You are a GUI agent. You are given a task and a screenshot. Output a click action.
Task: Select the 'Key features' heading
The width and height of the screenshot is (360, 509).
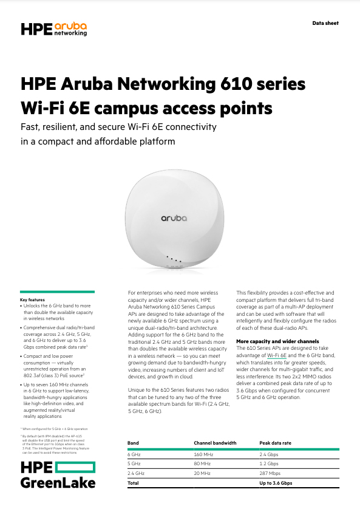(32, 300)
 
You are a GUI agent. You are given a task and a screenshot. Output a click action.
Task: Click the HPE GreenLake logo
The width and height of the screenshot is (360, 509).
(58, 474)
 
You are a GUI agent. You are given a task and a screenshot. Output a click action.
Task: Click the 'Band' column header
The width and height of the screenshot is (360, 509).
(133, 443)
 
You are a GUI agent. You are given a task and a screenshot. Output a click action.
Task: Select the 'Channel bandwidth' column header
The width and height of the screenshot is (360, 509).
(214, 443)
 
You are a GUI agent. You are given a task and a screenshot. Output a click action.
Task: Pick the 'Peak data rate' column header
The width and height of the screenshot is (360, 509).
(275, 443)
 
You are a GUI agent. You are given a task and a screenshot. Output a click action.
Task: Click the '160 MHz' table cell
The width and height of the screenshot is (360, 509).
(203, 454)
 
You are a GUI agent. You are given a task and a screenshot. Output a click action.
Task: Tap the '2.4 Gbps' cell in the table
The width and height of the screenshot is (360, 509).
(269, 454)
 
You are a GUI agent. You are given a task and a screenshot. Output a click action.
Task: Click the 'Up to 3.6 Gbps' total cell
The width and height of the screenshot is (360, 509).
(276, 483)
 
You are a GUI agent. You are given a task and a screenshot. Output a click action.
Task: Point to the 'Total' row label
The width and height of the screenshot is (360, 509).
(133, 483)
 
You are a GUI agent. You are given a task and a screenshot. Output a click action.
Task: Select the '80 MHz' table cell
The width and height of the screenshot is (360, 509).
(202, 463)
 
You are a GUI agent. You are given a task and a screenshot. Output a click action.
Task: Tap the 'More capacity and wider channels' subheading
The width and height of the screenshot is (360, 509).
(277, 341)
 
